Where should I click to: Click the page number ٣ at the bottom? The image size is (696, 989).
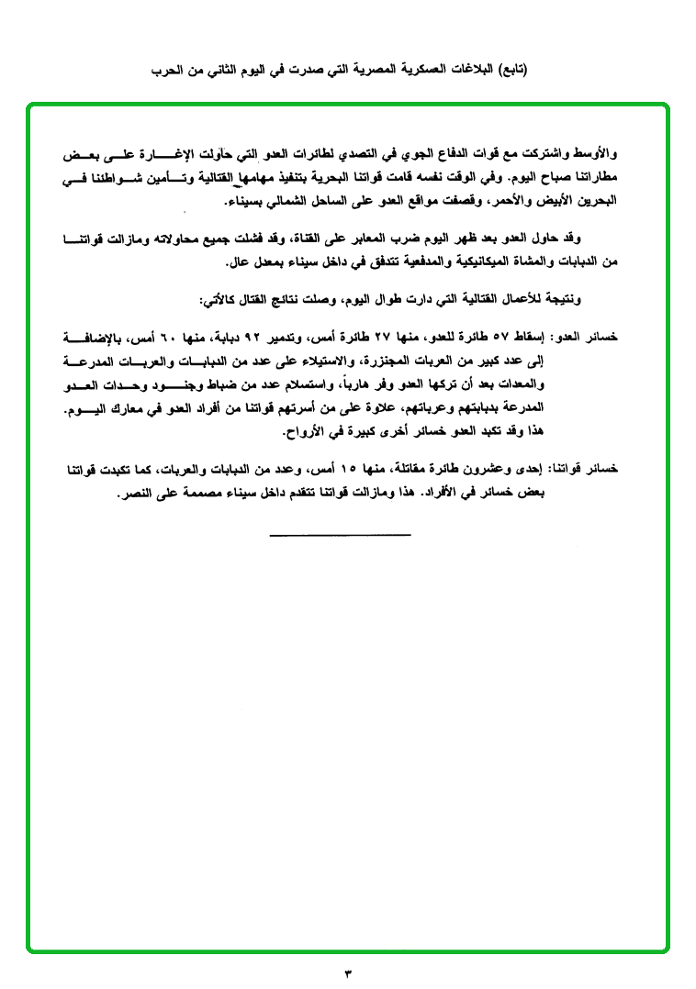click(348, 972)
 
